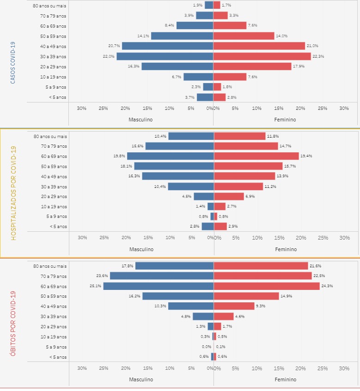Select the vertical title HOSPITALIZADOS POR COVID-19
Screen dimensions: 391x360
pyautogui.click(x=13, y=192)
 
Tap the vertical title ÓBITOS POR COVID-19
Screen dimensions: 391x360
pyautogui.click(x=13, y=323)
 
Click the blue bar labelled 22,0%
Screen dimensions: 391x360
pyautogui.click(x=165, y=56)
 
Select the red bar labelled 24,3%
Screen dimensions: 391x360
pyautogui.click(x=267, y=286)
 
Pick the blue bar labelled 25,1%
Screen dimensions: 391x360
pyautogui.click(x=158, y=286)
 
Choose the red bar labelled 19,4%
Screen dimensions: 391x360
pyautogui.click(x=256, y=156)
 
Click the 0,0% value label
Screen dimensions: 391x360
pyautogui.click(x=206, y=347)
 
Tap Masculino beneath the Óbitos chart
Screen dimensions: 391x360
pyautogui.click(x=141, y=379)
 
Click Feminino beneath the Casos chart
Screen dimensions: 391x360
pyautogui.click(x=286, y=120)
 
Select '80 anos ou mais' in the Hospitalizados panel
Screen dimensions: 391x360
pyautogui.click(x=50, y=136)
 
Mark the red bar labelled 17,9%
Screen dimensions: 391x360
pyautogui.click(x=252, y=66)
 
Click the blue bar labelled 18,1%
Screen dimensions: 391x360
pyautogui.click(x=174, y=166)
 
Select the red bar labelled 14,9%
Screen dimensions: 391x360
pyautogui.click(x=246, y=296)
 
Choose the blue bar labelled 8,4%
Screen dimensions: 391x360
pyautogui.click(x=195, y=25)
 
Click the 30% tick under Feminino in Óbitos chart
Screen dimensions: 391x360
pyautogui.click(x=344, y=368)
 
